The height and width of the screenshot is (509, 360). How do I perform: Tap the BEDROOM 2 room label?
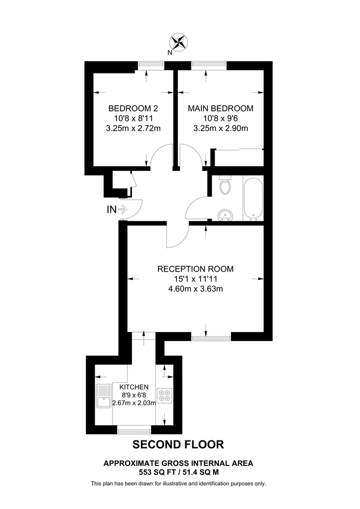coord(133,108)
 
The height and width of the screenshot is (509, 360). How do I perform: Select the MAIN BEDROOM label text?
coord(221,108)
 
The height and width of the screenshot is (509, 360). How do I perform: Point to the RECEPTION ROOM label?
coord(195,269)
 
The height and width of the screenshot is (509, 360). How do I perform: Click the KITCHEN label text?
coord(134,387)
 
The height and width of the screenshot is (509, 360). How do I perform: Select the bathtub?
coord(253,199)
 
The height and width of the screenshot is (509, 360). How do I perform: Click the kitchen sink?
coord(104,396)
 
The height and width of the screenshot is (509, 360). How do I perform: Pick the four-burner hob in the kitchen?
coord(164,395)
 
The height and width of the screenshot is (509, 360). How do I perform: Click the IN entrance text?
coord(112,210)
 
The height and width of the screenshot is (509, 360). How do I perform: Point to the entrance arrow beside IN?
coord(122,210)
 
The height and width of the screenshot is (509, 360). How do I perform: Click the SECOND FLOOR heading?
coord(178,445)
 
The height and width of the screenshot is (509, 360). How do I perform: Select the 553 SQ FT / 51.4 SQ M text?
coord(178,472)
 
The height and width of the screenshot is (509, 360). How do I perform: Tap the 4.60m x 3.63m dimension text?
coord(195,288)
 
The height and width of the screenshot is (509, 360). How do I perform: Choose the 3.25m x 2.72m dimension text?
coord(133,128)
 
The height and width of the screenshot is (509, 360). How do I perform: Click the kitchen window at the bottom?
coord(134,431)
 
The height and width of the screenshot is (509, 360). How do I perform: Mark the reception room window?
coord(211,338)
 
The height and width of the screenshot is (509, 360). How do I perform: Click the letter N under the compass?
coord(169,53)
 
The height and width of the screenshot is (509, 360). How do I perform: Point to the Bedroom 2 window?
coord(151,66)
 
